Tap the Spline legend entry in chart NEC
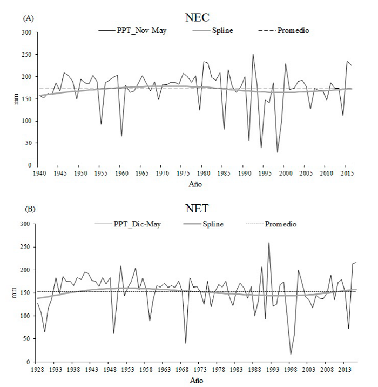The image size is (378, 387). [x=222, y=31]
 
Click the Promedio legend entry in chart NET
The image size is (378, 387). [x=282, y=223]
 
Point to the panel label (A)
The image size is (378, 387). [x=28, y=18]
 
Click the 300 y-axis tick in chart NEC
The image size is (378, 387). [x=26, y=32]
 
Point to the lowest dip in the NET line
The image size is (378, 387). [x=291, y=355]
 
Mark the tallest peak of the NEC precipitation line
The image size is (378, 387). [x=253, y=54]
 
